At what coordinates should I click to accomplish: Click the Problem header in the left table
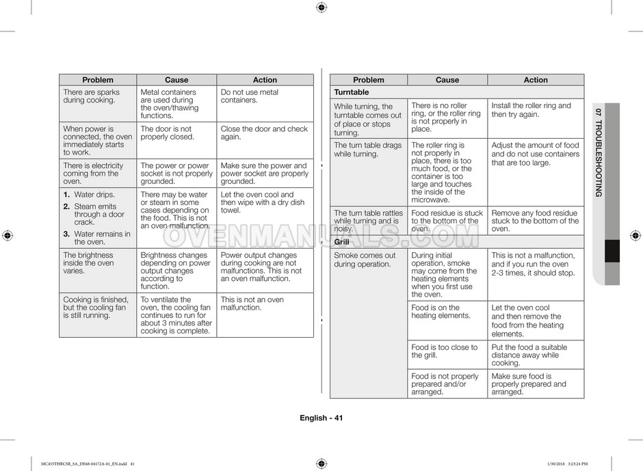click(97, 80)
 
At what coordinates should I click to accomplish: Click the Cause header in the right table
click(447, 80)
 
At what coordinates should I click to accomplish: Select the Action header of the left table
click(265, 80)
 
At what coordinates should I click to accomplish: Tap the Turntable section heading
click(351, 92)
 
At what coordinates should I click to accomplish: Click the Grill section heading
click(341, 242)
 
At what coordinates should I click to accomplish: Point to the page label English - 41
click(321, 418)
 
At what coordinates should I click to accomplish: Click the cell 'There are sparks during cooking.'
click(91, 96)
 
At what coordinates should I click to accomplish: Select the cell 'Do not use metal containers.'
click(249, 96)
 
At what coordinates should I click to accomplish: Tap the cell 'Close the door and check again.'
click(264, 133)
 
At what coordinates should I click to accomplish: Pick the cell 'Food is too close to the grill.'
click(444, 351)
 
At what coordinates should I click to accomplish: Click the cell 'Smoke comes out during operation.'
click(365, 260)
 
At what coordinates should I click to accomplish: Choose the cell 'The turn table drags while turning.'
click(367, 150)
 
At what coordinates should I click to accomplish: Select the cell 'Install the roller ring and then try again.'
click(531, 110)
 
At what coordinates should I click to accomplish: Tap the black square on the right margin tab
click(612, 251)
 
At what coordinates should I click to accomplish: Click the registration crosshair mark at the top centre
click(321, 8)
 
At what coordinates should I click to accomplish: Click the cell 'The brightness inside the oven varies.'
click(88, 263)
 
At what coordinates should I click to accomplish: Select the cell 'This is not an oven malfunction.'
click(252, 304)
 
